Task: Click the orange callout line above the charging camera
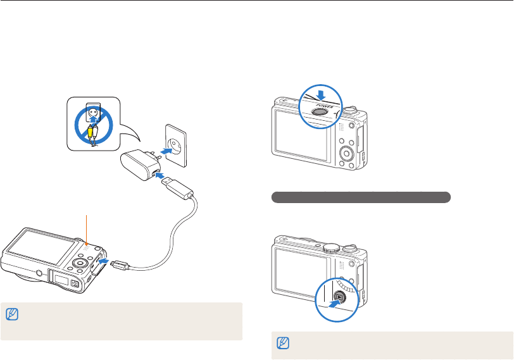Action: pos(86,228)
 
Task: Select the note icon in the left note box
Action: pos(10,313)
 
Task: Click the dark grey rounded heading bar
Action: pos(361,197)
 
